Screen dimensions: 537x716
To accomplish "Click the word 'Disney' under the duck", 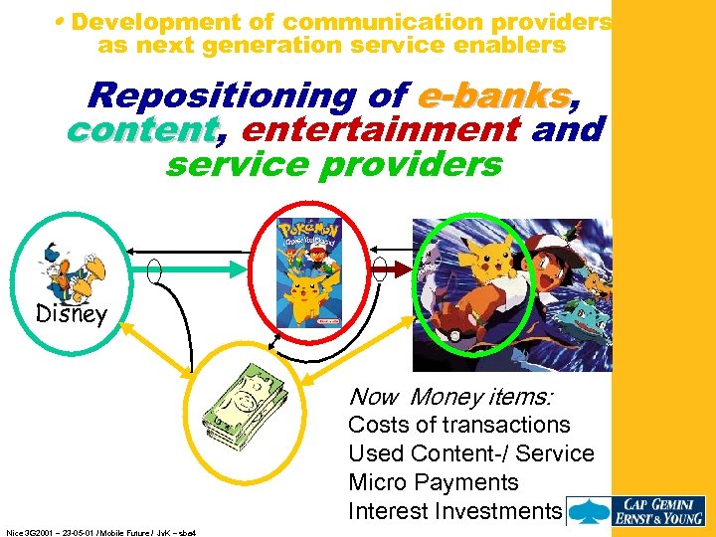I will tap(71, 314).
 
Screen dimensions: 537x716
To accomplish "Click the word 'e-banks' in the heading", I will tap(494, 95).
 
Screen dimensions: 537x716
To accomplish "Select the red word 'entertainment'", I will tap(380, 129).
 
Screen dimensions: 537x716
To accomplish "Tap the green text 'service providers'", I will tap(334, 163).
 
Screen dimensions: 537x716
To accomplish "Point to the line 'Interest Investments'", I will tap(454, 511).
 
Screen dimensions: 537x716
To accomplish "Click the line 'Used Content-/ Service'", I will tap(470, 453).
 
